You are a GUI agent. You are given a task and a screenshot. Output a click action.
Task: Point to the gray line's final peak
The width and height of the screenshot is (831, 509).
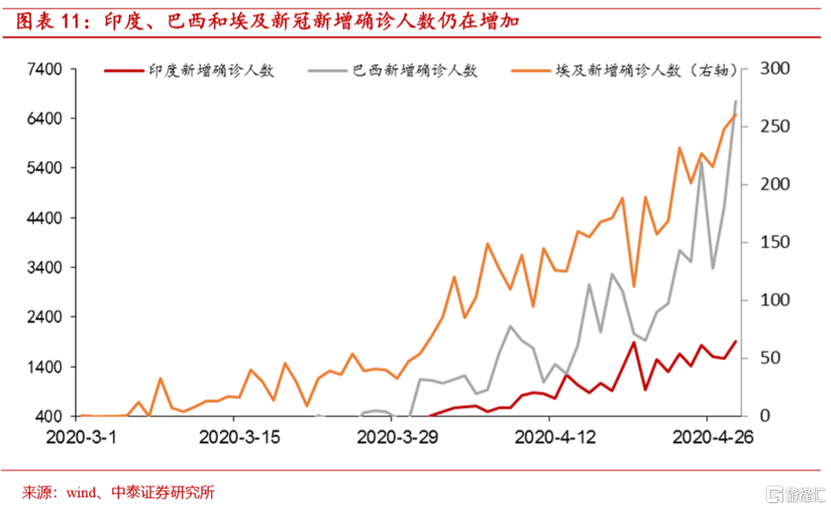pyautogui.click(x=736, y=101)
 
